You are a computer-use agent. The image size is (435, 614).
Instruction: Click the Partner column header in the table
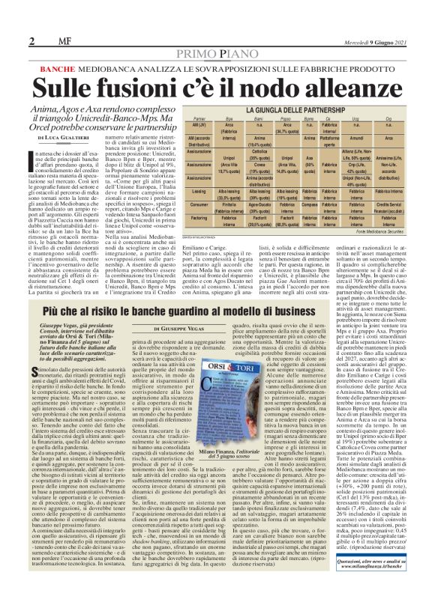tap(201, 120)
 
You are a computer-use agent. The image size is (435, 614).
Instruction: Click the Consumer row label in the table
tap(200, 204)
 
